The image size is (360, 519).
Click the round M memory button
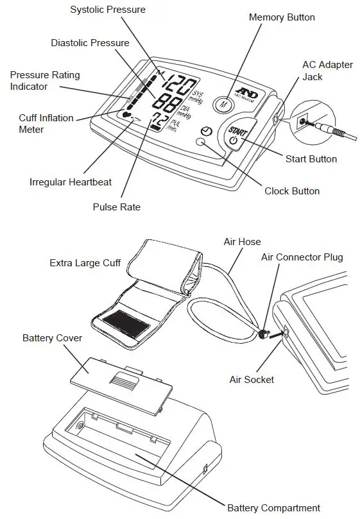click(223, 103)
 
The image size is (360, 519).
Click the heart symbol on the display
click(125, 115)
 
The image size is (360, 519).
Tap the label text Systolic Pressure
click(108, 10)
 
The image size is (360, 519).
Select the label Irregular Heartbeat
click(71, 182)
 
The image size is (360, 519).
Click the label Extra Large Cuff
click(85, 263)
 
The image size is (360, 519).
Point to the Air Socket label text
click(252, 380)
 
